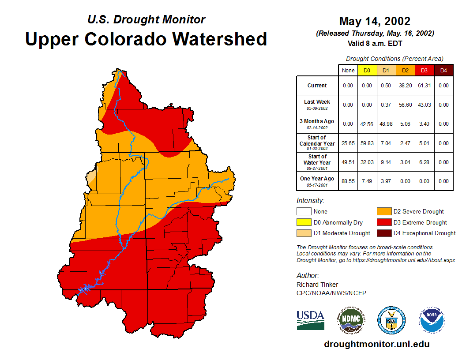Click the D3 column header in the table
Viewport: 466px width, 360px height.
click(424, 71)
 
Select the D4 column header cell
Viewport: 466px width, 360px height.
click(443, 71)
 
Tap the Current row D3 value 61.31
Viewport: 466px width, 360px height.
click(424, 86)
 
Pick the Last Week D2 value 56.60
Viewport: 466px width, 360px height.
click(405, 105)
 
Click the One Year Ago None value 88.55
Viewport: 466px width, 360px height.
click(348, 181)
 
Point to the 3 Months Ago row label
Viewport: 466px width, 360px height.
click(317, 124)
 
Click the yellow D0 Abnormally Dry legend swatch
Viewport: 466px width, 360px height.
click(303, 222)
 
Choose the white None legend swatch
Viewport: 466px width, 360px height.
click(303, 212)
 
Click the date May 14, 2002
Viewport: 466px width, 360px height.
click(375, 21)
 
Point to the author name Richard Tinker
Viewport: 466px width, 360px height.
click(311, 285)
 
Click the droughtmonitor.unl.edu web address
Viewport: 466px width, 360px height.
click(376, 344)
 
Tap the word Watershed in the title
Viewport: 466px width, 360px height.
click(220, 39)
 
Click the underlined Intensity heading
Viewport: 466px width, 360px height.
click(310, 201)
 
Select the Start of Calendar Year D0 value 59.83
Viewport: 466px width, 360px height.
click(367, 143)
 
